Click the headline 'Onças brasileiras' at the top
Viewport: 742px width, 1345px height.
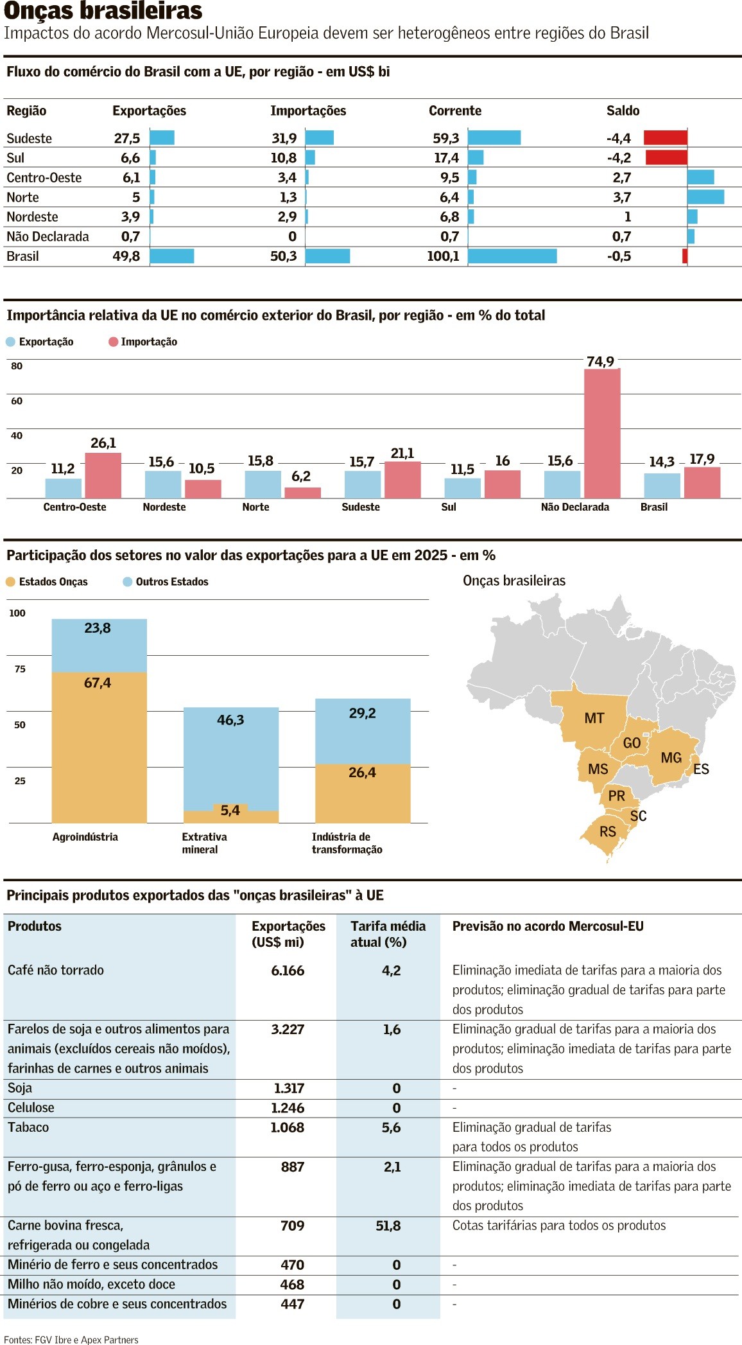click(x=103, y=11)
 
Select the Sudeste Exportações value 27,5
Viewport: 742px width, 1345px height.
click(x=126, y=138)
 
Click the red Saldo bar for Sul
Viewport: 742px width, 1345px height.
click(x=666, y=157)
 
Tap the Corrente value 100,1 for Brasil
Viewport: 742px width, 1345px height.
click(x=443, y=256)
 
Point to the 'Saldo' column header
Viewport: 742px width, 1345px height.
click(x=623, y=110)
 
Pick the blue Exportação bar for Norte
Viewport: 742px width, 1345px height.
click(x=263, y=484)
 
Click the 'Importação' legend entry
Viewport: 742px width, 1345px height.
click(x=148, y=342)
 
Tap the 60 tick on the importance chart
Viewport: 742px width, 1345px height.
click(x=17, y=401)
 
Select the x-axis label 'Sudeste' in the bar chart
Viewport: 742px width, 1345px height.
click(x=361, y=507)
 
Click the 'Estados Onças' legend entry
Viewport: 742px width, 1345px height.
click(x=53, y=582)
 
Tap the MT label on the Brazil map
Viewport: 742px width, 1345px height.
click(x=594, y=718)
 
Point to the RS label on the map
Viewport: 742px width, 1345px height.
click(x=607, y=832)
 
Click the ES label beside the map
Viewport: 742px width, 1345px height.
click(x=701, y=769)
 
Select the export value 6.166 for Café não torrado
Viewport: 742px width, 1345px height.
click(x=288, y=971)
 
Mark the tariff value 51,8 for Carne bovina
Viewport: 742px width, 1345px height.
click(x=388, y=1226)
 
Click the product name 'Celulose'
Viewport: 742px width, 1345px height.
click(x=31, y=1107)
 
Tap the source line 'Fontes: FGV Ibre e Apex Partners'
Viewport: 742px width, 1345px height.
click(x=71, y=1339)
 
